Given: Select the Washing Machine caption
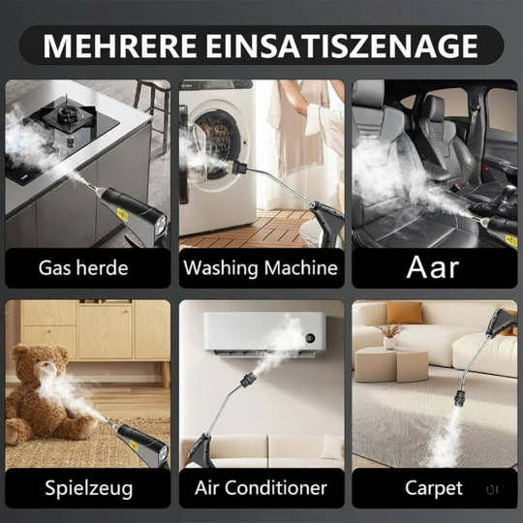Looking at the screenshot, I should (x=261, y=266).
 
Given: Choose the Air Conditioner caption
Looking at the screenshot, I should (x=261, y=487).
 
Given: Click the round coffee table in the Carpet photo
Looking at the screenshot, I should (x=387, y=362).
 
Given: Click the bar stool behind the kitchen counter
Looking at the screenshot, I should (x=152, y=97).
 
